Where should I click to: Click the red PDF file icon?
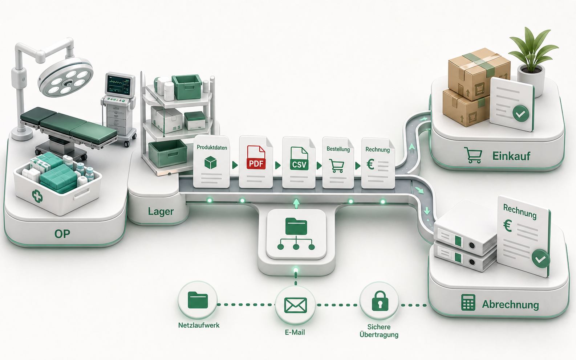(x=256, y=157)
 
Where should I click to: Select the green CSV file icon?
(x=299, y=158)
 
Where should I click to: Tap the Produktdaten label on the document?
(x=212, y=147)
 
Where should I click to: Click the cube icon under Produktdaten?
(x=211, y=163)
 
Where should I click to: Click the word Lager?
(x=161, y=212)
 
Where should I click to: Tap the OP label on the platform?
(x=62, y=234)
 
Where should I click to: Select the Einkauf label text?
(x=511, y=156)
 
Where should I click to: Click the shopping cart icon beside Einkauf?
(x=473, y=155)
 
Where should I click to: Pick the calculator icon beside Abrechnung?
(x=468, y=302)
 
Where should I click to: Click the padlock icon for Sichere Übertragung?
(x=380, y=301)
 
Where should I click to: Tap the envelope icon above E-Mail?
(x=296, y=305)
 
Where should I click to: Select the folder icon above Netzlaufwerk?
(x=198, y=300)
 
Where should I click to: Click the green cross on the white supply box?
(x=37, y=196)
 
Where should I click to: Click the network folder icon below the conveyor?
(x=296, y=234)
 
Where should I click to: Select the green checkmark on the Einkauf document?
(x=521, y=114)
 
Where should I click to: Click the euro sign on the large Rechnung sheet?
(x=507, y=226)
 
